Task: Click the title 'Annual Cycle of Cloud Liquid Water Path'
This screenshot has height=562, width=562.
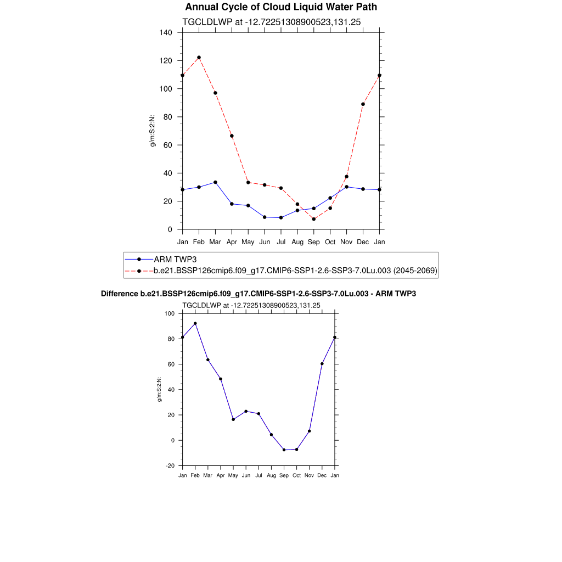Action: point(281,7)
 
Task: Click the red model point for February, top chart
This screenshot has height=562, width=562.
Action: point(199,58)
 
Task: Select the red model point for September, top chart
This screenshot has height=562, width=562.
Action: point(314,219)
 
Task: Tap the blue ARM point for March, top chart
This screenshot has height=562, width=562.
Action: point(215,182)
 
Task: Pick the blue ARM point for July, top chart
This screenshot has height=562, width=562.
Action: point(281,217)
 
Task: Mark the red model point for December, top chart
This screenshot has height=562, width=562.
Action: point(363,104)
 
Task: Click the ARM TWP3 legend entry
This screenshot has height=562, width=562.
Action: point(171,259)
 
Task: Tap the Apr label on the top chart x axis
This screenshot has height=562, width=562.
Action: point(232,242)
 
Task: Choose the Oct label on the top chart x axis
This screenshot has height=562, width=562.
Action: point(330,242)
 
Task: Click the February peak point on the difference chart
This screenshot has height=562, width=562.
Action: point(195,323)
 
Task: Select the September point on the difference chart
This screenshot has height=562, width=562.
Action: point(284,450)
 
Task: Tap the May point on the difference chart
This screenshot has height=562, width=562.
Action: point(233,419)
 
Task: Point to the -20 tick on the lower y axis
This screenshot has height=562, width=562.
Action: point(170,466)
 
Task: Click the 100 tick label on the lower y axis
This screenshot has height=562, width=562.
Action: point(169,314)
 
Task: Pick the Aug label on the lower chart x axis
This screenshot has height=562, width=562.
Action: point(271,475)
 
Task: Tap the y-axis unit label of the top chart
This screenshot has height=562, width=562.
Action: point(153,131)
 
